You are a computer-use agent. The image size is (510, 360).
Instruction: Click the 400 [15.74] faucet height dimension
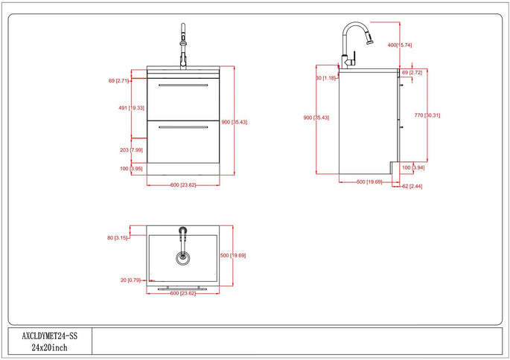[x=399, y=45]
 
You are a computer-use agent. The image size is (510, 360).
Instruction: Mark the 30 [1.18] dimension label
[x=328, y=78]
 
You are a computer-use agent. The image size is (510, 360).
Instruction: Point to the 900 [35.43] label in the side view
[x=316, y=118]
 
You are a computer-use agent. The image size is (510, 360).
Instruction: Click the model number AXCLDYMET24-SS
[x=50, y=335]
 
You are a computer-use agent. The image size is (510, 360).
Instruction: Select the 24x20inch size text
[x=50, y=347]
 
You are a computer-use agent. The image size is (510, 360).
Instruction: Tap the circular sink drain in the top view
[x=182, y=257]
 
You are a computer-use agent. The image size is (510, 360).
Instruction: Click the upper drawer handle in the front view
[x=183, y=87]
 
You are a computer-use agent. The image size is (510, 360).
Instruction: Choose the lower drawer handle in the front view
[x=183, y=129]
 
